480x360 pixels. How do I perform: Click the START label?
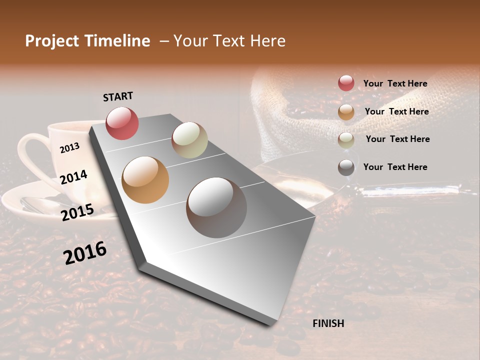118,96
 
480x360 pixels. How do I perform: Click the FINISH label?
328,323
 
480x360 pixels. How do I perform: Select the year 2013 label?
69,147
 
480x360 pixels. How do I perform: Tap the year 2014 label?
73,177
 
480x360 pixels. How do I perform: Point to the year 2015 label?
77,212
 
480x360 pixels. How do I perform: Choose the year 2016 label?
85,252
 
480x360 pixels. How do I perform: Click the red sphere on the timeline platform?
122,123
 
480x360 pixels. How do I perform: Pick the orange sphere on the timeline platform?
145,180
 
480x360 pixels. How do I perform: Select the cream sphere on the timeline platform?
189,140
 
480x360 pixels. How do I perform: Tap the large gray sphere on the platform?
216,207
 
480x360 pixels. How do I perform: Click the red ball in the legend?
346,83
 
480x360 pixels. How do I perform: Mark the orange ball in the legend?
346,112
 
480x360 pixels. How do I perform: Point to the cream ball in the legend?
346,139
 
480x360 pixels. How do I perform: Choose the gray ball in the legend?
346,167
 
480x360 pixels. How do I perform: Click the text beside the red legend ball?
395,83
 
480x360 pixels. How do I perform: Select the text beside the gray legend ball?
395,167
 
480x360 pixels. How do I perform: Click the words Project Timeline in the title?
87,41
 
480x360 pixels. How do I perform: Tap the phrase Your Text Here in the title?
229,41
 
